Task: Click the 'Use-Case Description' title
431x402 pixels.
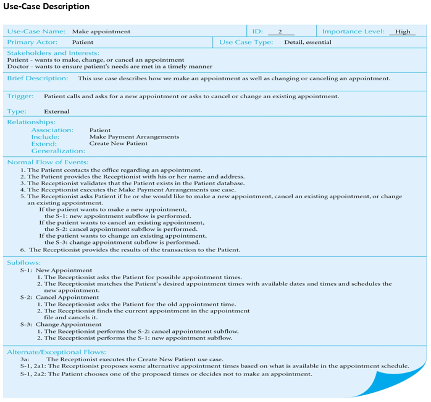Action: [x=46, y=7]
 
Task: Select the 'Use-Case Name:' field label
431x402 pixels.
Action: [x=36, y=31]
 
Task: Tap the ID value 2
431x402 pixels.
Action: [x=280, y=31]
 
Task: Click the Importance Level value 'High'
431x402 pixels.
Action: [x=403, y=31]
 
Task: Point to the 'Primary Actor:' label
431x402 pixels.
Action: [x=32, y=42]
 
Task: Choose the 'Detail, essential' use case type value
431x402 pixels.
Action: [x=308, y=42]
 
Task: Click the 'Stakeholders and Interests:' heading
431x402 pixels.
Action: [x=53, y=53]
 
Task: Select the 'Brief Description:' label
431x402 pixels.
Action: [x=38, y=78]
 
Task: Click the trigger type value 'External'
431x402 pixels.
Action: [x=57, y=112]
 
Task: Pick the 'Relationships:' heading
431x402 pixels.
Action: [x=31, y=122]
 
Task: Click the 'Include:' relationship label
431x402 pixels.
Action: [x=46, y=137]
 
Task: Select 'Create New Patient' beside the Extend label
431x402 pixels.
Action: [x=119, y=144]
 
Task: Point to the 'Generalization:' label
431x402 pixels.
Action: [x=58, y=151]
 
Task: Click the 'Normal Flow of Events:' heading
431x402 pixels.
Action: [x=48, y=162]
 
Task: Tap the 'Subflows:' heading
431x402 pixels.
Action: [x=24, y=262]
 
